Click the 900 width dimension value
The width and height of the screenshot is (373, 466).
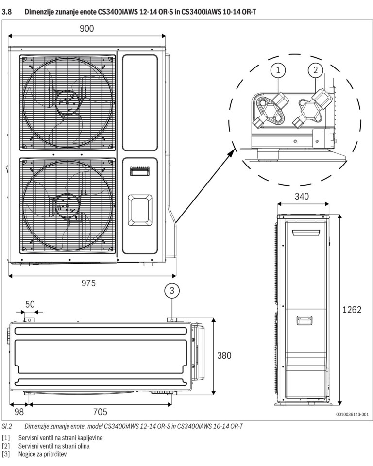87,29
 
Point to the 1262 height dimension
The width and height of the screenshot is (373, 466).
350,310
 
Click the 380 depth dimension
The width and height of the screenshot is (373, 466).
224,355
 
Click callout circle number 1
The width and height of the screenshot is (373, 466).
278,70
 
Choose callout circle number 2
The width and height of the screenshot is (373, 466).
315,70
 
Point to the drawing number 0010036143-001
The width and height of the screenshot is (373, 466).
352,415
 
